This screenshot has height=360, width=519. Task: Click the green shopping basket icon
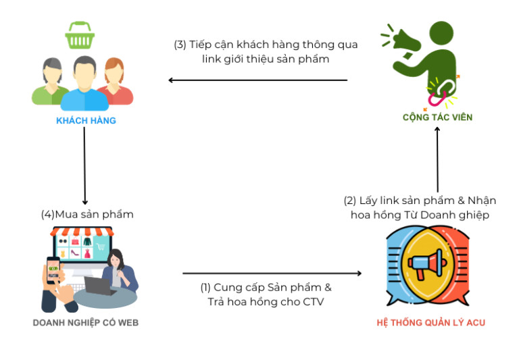[x=79, y=35]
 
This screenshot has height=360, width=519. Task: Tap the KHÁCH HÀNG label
[x=86, y=121]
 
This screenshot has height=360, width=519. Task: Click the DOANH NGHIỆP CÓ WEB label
[x=86, y=323]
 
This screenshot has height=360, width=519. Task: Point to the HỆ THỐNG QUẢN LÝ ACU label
[x=430, y=323]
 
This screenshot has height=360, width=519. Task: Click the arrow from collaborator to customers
[x=257, y=80]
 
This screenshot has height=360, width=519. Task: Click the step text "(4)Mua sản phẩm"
[x=87, y=214]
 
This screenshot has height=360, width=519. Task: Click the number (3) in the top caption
[x=180, y=45]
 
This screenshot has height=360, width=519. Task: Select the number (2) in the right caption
[x=350, y=201]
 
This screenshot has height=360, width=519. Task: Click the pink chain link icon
[x=437, y=95]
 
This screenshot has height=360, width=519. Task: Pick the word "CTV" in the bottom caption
[x=312, y=302]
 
